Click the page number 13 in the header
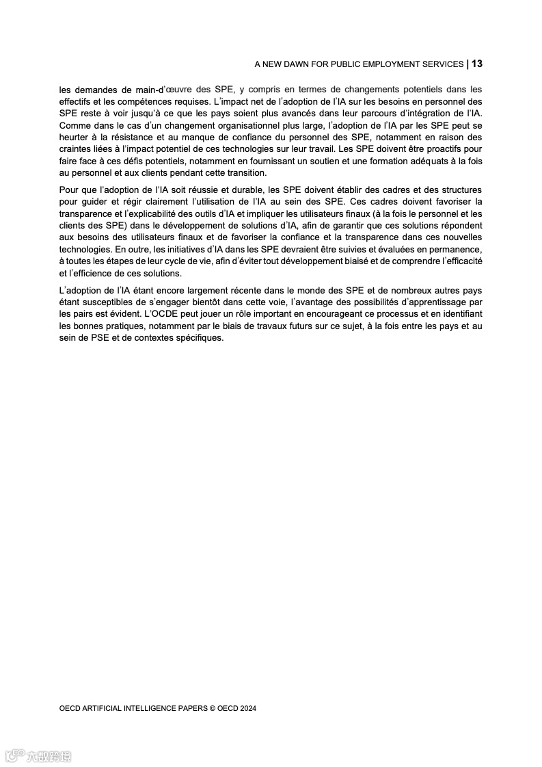(477, 64)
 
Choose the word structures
(458, 190)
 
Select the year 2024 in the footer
(247, 709)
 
